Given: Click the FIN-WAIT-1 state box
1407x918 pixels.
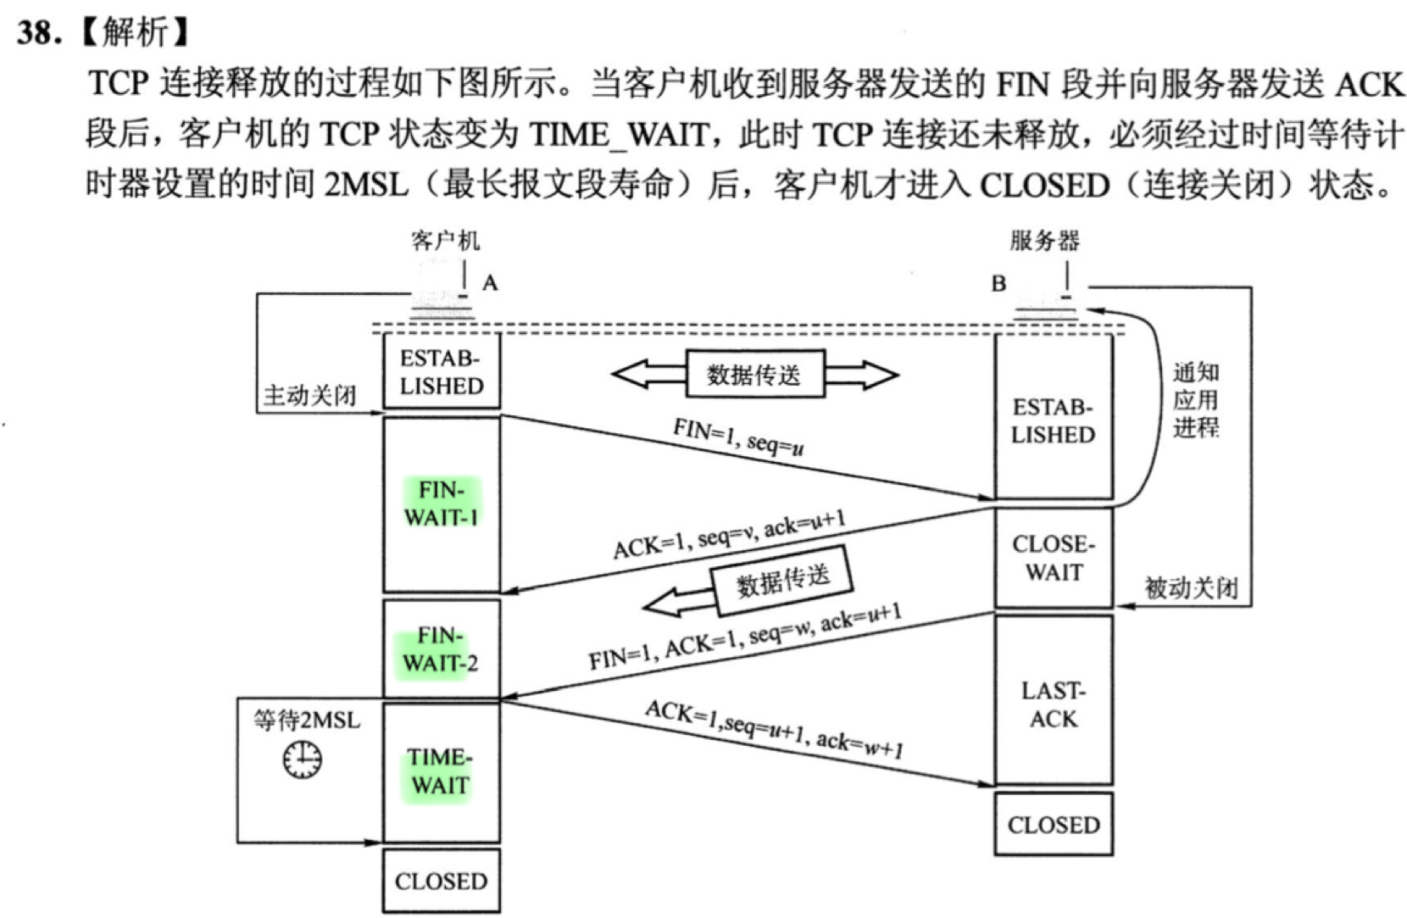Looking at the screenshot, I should (442, 504).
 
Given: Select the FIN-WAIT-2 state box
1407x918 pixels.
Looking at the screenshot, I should (442, 648).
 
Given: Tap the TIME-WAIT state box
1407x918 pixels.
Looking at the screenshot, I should (441, 771).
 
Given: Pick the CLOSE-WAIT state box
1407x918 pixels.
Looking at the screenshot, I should (1054, 558).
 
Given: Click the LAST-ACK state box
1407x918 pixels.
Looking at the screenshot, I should (1054, 704).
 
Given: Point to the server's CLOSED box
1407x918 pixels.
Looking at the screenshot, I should (1054, 824).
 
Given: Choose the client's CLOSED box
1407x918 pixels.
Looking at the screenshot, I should (441, 882).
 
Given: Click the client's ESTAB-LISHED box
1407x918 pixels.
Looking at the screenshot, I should (442, 371).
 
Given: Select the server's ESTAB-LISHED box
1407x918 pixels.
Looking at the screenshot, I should (1054, 420).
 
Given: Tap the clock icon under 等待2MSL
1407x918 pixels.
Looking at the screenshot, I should (303, 759).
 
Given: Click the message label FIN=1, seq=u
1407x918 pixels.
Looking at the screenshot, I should (738, 437).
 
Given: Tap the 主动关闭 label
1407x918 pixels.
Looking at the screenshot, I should (310, 395).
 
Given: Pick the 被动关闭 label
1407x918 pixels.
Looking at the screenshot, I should (1192, 587).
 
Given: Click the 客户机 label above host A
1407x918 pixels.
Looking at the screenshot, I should (446, 241).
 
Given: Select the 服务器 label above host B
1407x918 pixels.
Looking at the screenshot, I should (1045, 241).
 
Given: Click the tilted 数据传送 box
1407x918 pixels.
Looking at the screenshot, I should (782, 580).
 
